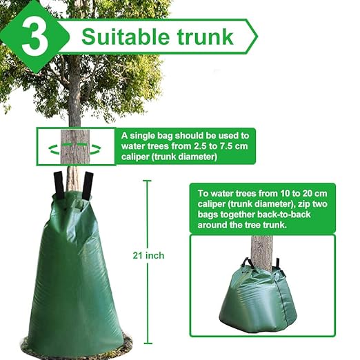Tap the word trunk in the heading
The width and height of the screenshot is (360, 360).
pyautogui.click(x=204, y=36)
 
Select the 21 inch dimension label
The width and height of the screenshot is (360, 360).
pyautogui.click(x=149, y=256)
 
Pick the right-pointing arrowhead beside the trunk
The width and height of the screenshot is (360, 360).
pyautogui.click(x=97, y=148)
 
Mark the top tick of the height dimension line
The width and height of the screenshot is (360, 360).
pyautogui.click(x=146, y=181)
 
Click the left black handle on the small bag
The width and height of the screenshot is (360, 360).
pyautogui.click(x=246, y=263)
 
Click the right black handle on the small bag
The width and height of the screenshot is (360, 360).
pyautogui.click(x=277, y=264)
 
